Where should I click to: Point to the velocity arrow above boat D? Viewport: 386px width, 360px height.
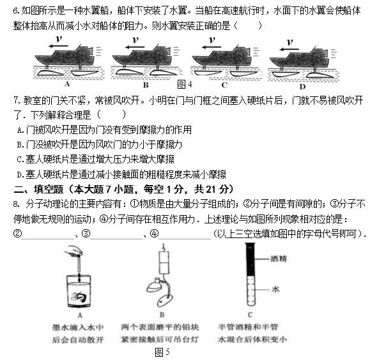point(289,45)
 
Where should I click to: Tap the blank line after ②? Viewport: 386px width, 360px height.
point(47,234)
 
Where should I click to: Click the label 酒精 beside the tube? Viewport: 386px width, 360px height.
point(278,259)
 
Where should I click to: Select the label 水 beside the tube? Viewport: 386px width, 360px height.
point(275,289)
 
